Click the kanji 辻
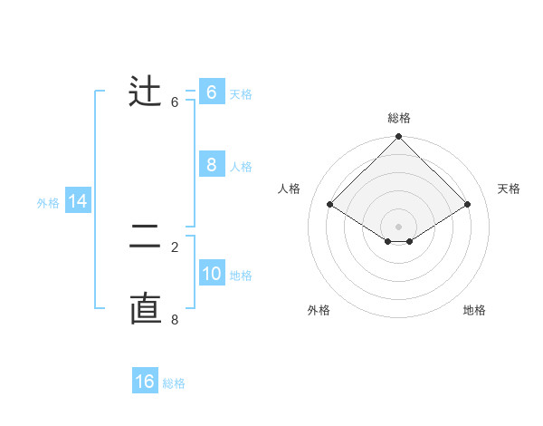145,92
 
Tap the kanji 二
145,237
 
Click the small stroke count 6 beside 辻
175,102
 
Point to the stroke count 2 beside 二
175,247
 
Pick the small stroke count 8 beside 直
175,319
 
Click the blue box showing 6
211,92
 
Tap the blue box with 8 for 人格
211,165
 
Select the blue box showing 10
211,274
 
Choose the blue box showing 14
78,201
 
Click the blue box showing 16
145,382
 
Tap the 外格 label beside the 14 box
48,203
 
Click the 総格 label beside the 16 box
174,383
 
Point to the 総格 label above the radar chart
399,118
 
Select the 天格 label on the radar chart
510,189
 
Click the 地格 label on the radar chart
474,310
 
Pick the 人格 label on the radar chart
290,189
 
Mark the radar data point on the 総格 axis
399,137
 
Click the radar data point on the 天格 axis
468,205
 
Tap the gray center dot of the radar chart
399,226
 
